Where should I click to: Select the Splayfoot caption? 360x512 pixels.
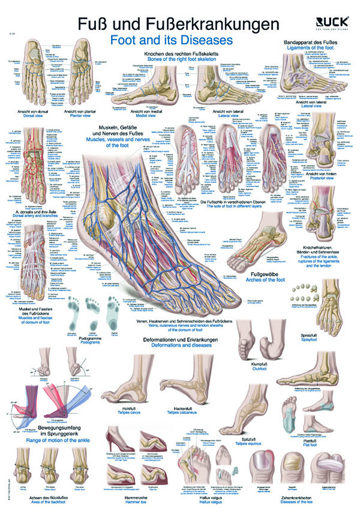click(313, 339)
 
